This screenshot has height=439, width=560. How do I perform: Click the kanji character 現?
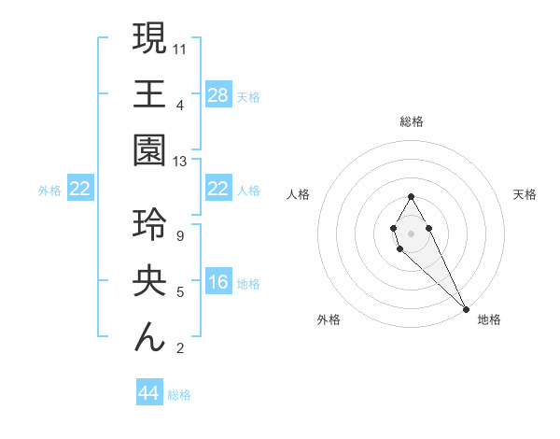(x=149, y=39)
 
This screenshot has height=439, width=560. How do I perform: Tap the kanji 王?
(x=149, y=94)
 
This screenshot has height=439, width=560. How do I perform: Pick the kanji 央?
(x=149, y=283)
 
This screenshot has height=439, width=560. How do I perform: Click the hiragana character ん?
(x=149, y=337)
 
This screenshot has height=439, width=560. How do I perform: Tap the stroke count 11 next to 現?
(x=180, y=48)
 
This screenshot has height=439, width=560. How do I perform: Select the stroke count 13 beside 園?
(x=180, y=162)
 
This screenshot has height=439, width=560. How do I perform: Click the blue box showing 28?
(x=218, y=94)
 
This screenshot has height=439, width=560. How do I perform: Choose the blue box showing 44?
(x=149, y=393)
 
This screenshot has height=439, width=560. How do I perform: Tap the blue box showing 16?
(x=218, y=283)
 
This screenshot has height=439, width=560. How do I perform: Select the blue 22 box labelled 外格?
(x=80, y=190)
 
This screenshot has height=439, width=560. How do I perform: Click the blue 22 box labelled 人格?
(x=218, y=190)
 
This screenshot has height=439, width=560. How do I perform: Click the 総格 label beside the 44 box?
(x=179, y=395)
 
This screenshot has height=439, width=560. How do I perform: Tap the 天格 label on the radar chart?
(x=525, y=194)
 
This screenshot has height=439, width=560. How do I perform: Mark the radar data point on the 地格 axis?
(x=466, y=309)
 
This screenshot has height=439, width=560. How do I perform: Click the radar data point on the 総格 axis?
(x=411, y=196)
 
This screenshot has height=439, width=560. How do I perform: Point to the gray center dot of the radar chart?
(x=411, y=232)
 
